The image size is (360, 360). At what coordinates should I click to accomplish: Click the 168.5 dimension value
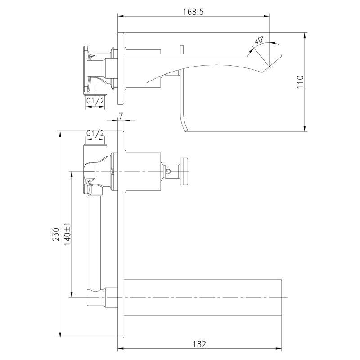[194, 12]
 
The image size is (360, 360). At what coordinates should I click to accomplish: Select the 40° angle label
[259, 40]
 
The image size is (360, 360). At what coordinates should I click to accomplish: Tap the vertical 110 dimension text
[301, 82]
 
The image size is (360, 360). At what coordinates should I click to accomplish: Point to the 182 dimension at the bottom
[200, 344]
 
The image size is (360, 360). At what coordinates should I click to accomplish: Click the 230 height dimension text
[56, 234]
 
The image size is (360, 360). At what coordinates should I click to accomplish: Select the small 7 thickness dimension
[121, 116]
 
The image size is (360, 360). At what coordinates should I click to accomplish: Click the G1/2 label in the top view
[95, 101]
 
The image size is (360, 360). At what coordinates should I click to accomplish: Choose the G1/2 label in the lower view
[95, 134]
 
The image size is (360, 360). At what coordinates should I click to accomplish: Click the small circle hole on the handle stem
[168, 171]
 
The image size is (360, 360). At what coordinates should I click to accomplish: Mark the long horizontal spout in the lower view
[202, 297]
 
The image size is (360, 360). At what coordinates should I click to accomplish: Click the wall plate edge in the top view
[120, 67]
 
